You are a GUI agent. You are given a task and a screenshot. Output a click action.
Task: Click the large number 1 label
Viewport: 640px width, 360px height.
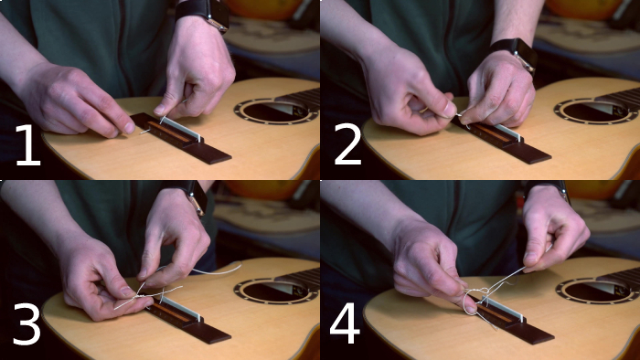pos(28,144)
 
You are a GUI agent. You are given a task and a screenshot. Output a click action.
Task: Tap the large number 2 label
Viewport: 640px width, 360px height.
pos(347,144)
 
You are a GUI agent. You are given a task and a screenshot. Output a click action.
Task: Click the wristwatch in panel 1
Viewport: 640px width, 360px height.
pos(204,14)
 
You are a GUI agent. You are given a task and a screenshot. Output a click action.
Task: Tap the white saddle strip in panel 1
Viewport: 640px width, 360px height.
pos(182,128)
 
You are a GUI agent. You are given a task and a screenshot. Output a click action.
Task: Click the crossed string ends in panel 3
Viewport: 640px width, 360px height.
pos(160,291)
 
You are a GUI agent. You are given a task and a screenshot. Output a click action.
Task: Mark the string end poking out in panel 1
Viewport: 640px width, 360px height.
pos(145,132)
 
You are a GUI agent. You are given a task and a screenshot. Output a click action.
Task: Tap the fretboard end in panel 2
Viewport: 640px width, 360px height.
pos(617,100)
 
